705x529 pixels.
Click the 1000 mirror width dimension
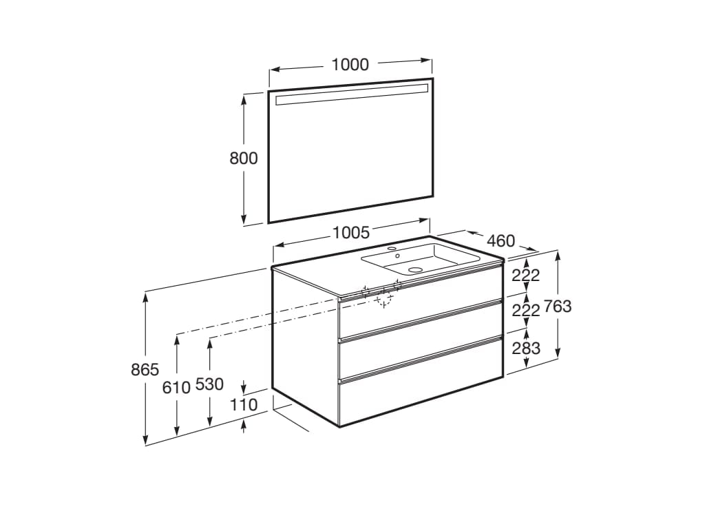[350, 65]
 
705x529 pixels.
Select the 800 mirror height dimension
[243, 158]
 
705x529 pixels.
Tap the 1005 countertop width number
[351, 232]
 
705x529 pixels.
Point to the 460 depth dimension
[501, 241]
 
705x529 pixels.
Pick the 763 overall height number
[558, 307]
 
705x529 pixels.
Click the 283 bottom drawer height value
[526, 349]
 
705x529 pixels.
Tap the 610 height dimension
[176, 387]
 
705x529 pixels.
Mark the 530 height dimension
[209, 384]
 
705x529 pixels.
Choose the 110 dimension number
[244, 405]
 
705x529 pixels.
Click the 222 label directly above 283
[526, 311]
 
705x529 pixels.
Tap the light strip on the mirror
[351, 95]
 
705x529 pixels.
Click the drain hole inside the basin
[415, 270]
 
